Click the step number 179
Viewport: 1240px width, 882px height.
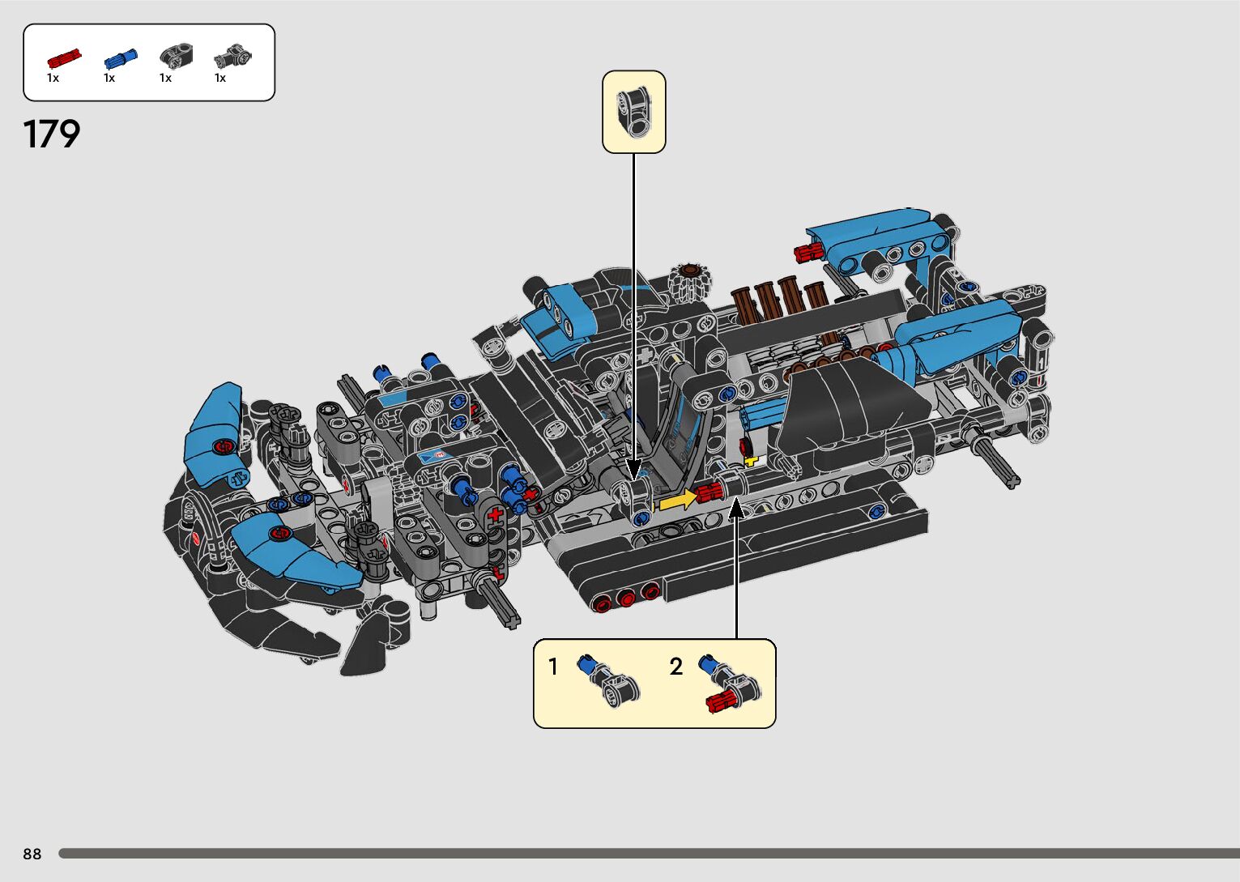click(52, 134)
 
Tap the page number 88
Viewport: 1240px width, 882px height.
click(32, 854)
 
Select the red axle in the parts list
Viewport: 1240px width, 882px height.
click(64, 58)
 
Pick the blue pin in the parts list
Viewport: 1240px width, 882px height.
click(121, 58)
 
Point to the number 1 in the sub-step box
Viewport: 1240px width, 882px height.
click(552, 666)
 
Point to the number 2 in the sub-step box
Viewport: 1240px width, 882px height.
click(676, 666)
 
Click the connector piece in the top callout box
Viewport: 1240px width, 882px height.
click(634, 112)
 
